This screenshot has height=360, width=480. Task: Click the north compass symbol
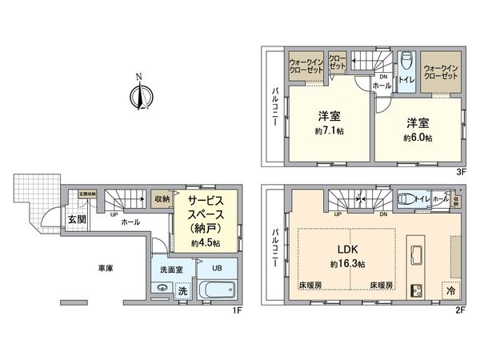139,95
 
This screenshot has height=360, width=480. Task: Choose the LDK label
350,249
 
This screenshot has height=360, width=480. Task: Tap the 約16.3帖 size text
350,264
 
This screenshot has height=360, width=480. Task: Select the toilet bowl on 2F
406,201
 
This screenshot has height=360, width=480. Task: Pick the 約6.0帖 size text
418,137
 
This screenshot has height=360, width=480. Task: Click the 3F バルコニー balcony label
274,109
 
